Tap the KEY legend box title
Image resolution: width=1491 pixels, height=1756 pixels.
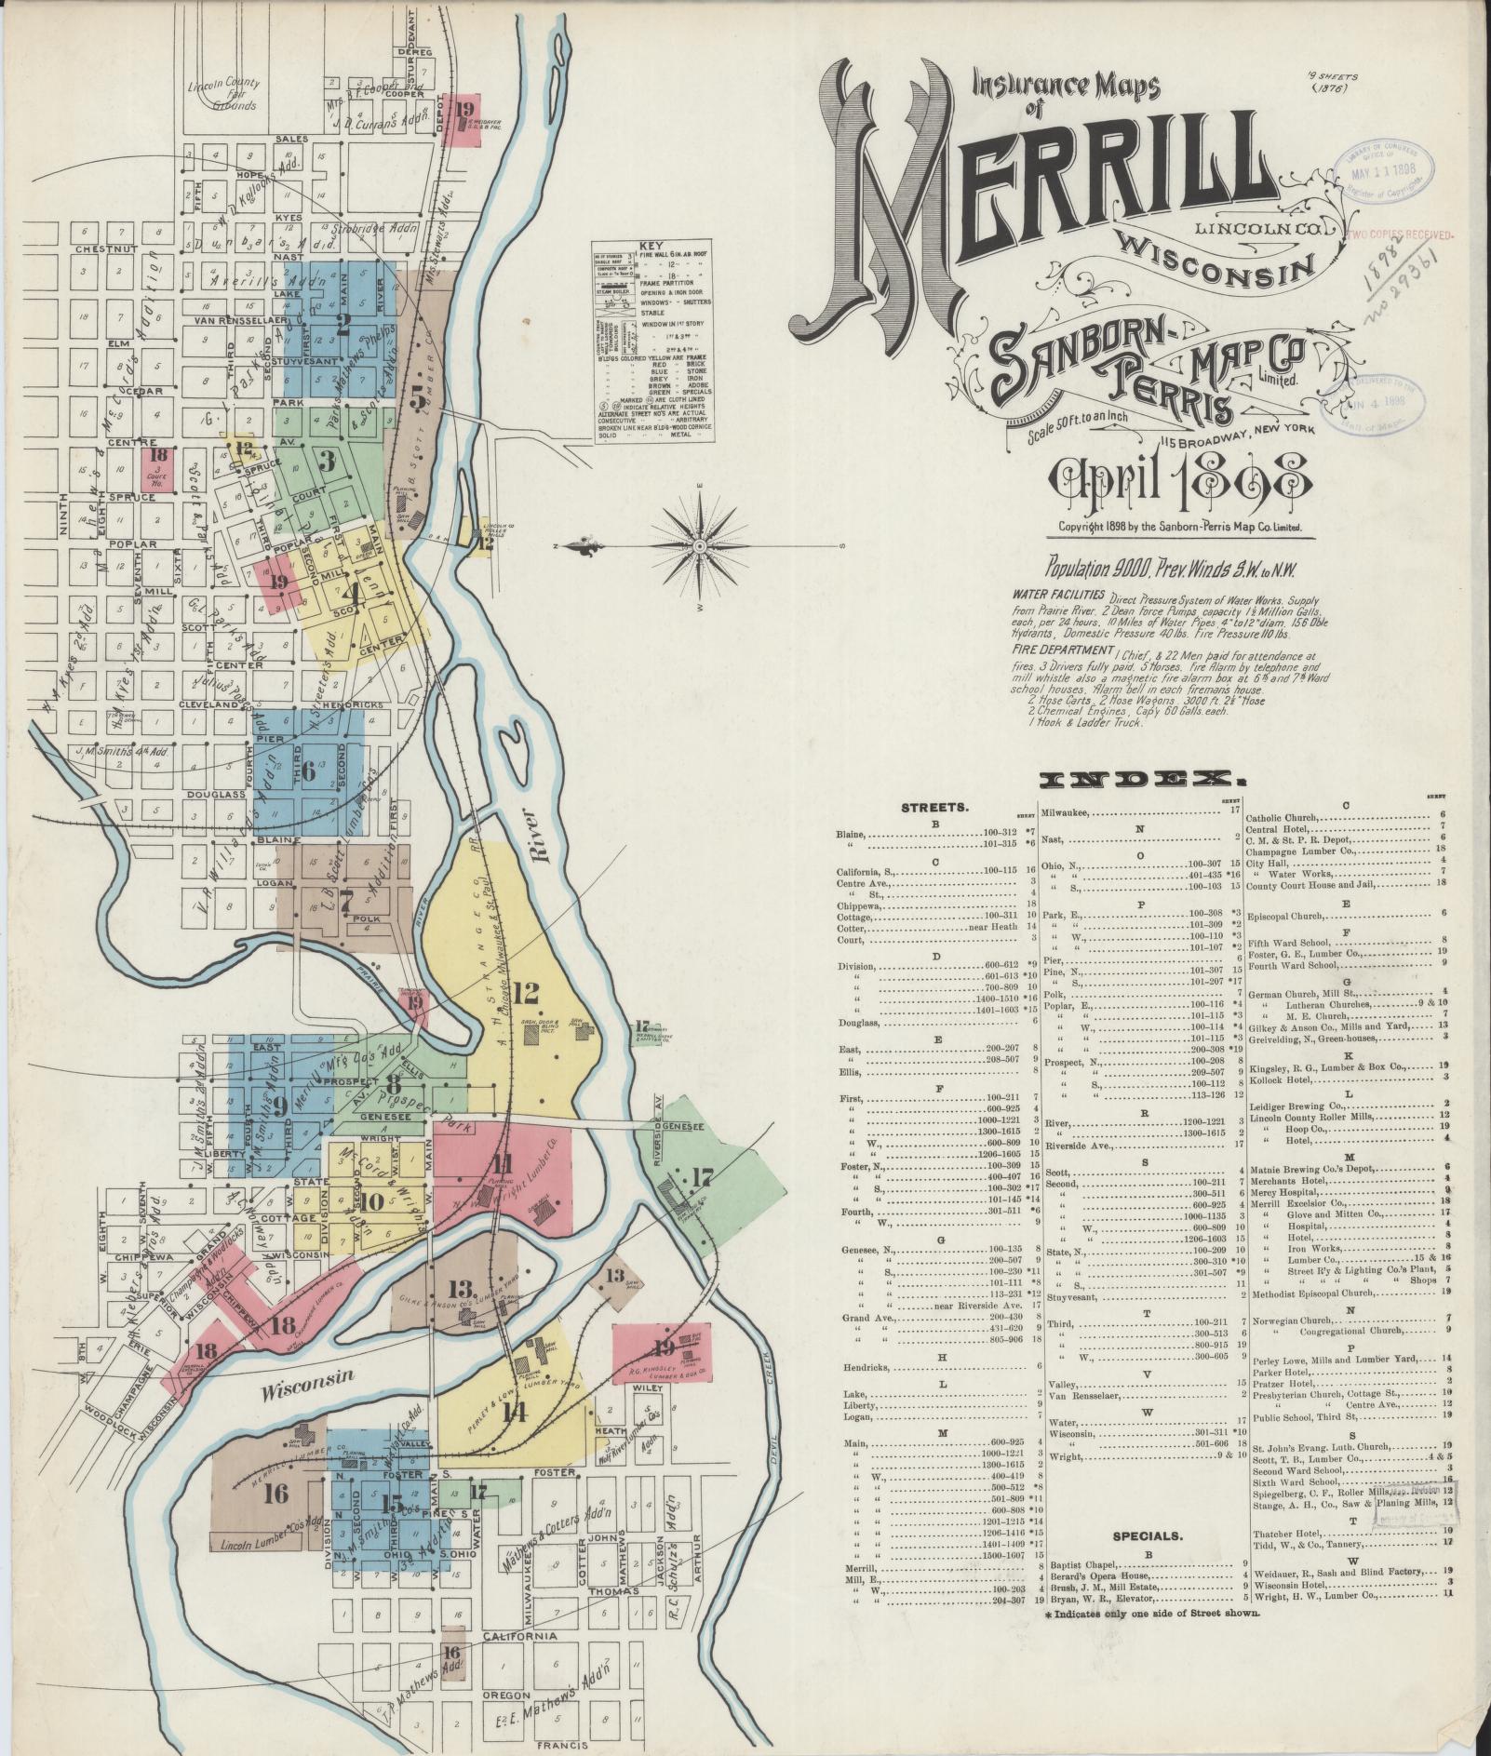pyautogui.click(x=651, y=246)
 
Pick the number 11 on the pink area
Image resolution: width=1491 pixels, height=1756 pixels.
pyautogui.click(x=504, y=1162)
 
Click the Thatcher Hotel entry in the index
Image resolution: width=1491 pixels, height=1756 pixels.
pyautogui.click(x=1288, y=1529)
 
